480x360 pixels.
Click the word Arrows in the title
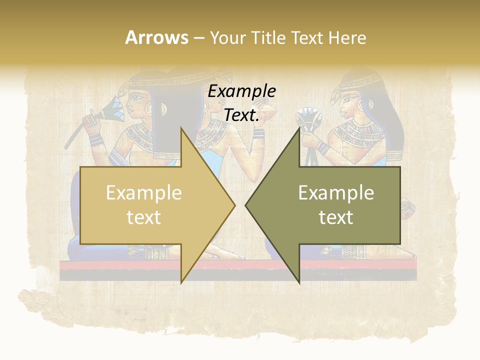click(x=156, y=37)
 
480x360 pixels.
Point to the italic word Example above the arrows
click(x=241, y=91)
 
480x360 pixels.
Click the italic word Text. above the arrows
click(x=241, y=115)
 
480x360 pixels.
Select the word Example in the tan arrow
click(x=143, y=193)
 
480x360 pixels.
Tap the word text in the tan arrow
click(x=143, y=217)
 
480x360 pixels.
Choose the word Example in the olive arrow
click(x=336, y=193)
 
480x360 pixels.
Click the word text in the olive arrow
click(x=336, y=217)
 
